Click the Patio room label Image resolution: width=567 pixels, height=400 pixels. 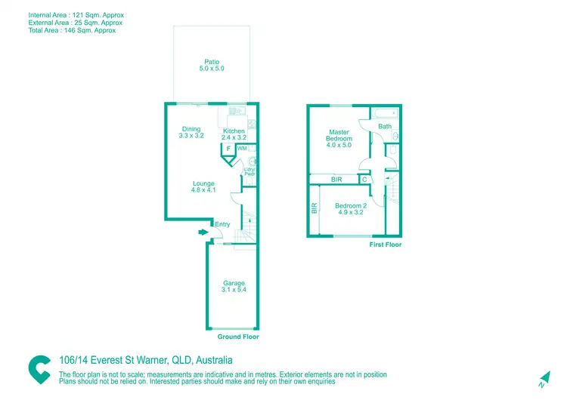pos(212,65)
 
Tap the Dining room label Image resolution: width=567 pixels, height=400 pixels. pos(191,132)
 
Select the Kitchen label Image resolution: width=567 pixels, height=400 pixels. pos(234,134)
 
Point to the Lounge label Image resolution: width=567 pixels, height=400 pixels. pos(203,187)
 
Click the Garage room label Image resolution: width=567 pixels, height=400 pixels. pos(234,287)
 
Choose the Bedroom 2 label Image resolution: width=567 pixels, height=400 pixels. pos(351,209)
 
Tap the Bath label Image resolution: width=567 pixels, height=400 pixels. pos(385,127)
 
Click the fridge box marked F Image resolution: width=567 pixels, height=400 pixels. pos(228,149)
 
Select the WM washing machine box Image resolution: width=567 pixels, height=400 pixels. pos(242,149)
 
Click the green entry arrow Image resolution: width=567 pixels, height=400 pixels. pos(203,232)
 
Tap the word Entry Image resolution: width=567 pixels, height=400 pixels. pos(222,224)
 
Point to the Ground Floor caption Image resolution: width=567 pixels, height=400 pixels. pos(238,337)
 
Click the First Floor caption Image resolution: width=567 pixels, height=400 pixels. pos(385,245)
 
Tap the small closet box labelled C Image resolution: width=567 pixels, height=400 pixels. pos(364,180)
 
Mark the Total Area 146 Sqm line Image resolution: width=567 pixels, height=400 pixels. pos(72,31)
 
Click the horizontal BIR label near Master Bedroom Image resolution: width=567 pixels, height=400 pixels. pos(336,180)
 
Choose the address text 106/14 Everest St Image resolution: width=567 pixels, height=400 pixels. pos(113,361)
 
